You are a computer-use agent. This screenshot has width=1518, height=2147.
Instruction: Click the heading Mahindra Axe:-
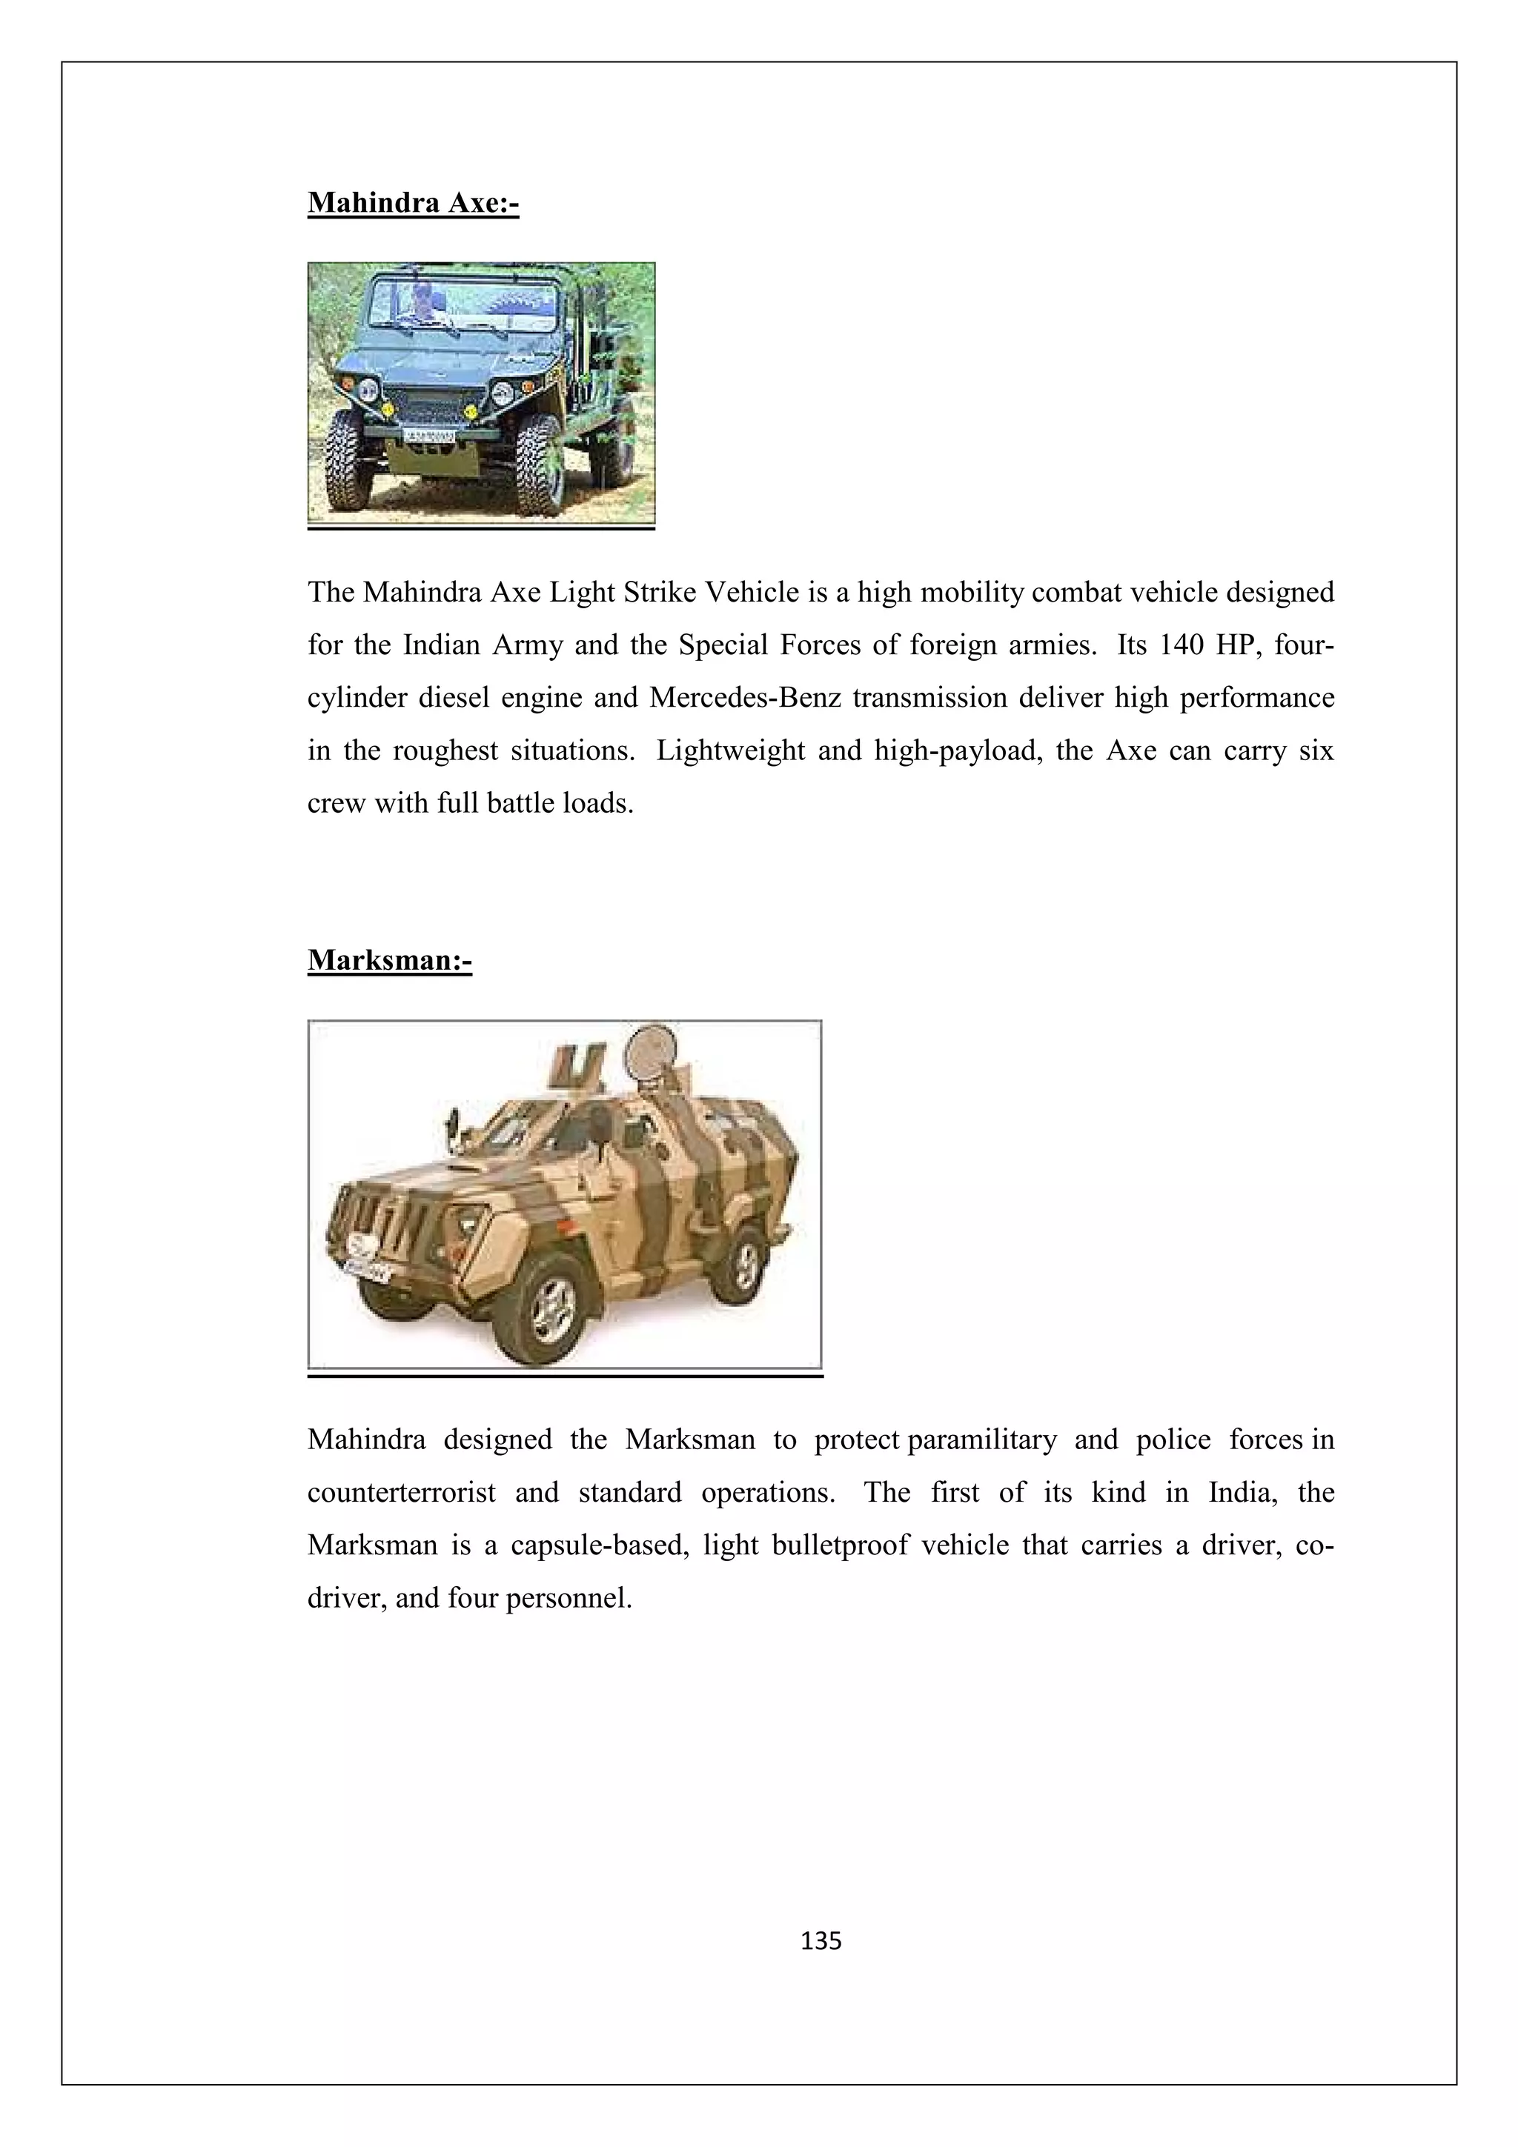point(412,202)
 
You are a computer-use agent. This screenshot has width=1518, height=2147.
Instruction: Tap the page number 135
point(821,1941)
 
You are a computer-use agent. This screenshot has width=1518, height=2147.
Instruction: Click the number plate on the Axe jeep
point(429,436)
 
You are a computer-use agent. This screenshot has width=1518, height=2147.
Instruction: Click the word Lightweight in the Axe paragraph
point(729,751)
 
